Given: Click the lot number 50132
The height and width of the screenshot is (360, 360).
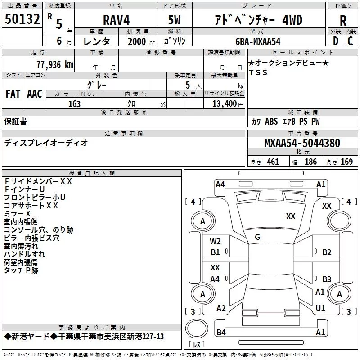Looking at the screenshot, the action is pos(22,19).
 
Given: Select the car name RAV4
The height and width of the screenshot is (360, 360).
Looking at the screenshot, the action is pos(116,20).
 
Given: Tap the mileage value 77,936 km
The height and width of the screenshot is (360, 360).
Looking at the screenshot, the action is pos(55,64).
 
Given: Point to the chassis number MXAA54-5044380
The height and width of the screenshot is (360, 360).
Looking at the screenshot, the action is pos(302,143).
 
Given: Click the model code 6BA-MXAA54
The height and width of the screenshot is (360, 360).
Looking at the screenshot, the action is pos(258,41).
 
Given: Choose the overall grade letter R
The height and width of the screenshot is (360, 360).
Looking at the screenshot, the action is pos(343,20).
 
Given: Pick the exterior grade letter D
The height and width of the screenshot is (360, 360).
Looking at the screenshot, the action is pos(336,40).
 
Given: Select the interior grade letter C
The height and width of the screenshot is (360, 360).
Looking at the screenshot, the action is pos(350,40).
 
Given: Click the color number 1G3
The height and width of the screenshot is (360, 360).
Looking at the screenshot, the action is pos(74,104).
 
